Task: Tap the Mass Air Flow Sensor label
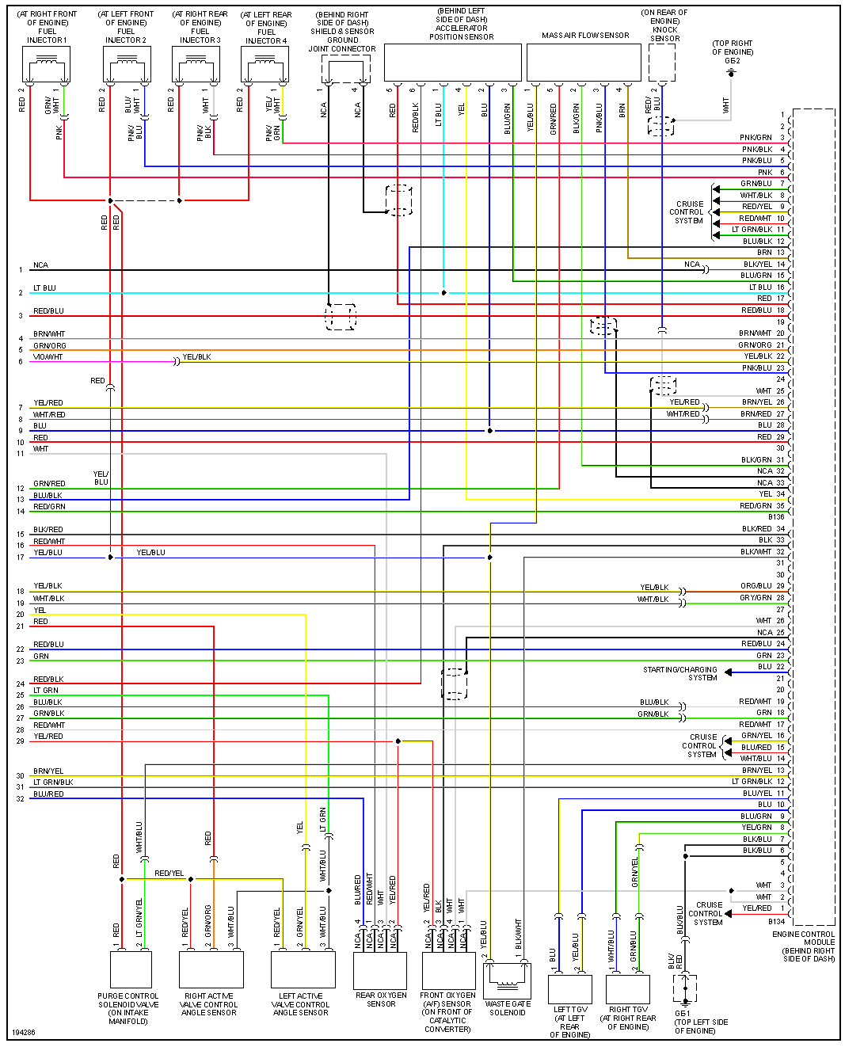585,36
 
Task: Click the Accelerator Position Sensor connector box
452,63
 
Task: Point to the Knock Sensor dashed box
661,63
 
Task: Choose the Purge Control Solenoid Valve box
130,969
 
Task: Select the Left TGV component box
569,989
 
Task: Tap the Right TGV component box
628,989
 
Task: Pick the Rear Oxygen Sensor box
380,970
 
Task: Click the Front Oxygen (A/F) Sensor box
448,970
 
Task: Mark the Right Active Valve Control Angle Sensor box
211,969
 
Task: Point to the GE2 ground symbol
732,73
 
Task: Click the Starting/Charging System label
679,673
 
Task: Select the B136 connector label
775,517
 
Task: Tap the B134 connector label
776,921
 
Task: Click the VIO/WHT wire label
48,357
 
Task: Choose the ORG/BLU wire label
756,586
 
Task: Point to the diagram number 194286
24,1033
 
